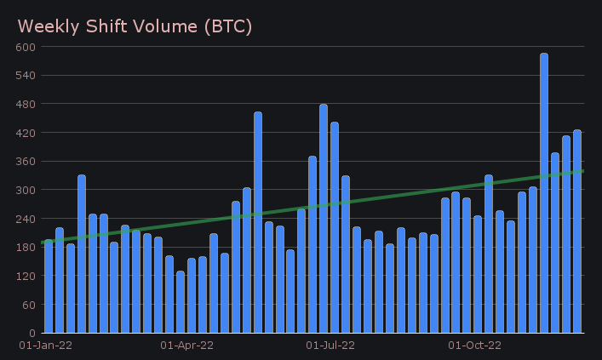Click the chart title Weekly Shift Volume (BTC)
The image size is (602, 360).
pyautogui.click(x=135, y=26)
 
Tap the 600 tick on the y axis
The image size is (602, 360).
pyautogui.click(x=25, y=47)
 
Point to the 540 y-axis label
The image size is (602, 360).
pyautogui.click(x=25, y=76)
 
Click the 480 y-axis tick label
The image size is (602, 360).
pyautogui.click(x=25, y=104)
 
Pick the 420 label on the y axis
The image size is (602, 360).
pyautogui.click(x=25, y=133)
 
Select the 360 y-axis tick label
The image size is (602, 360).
pyautogui.click(x=25, y=162)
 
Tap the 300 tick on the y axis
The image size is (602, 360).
pyautogui.click(x=25, y=190)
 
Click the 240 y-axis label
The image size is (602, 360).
pyautogui.click(x=25, y=219)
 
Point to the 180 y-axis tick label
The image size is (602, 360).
pyautogui.click(x=25, y=248)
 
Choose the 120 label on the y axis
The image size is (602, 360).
pyautogui.click(x=25, y=276)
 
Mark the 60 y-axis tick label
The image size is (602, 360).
pyautogui.click(x=27, y=305)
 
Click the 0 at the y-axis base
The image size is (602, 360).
pyautogui.click(x=31, y=333)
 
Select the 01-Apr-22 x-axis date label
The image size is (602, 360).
pyautogui.click(x=186, y=346)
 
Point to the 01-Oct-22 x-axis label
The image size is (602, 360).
pyautogui.click(x=474, y=346)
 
